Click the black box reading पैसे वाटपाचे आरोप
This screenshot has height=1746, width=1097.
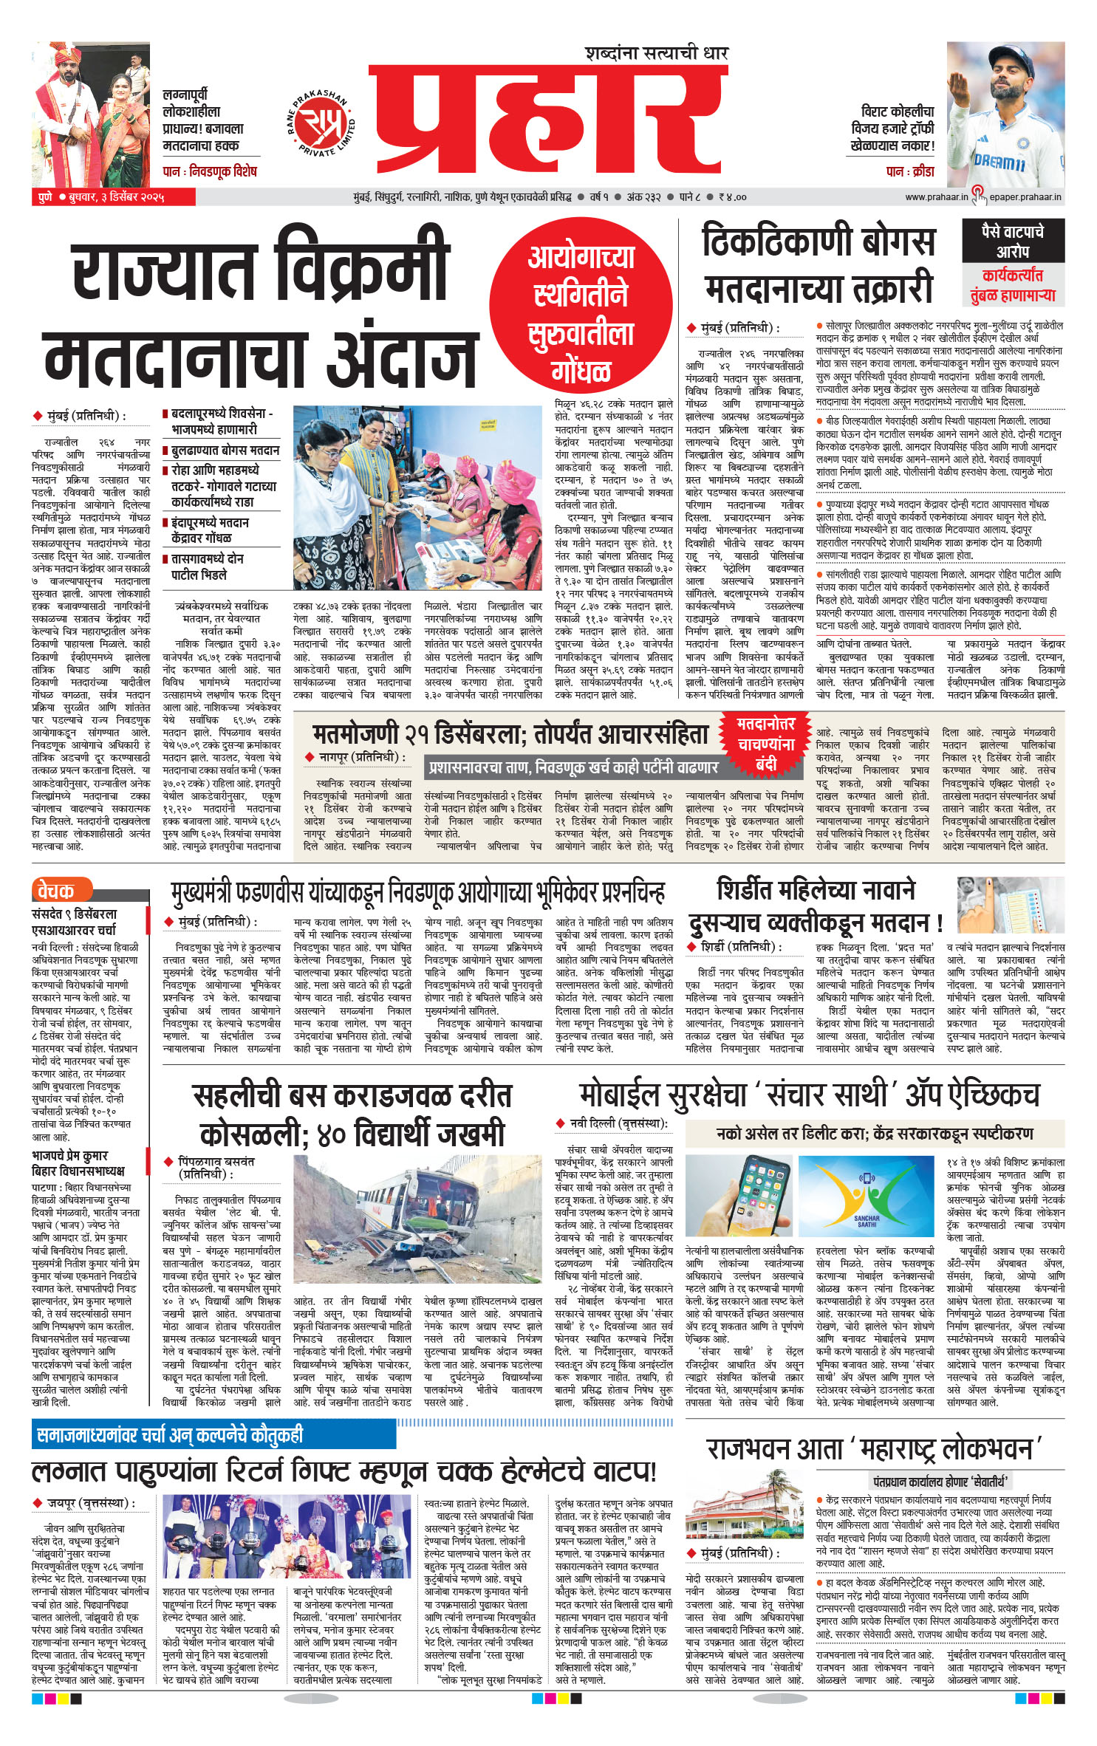[1012, 240]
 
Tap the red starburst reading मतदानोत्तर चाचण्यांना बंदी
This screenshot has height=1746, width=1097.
[765, 743]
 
